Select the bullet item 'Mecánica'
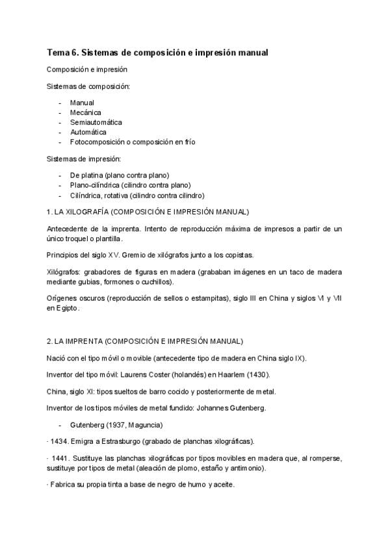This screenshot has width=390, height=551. point(85,112)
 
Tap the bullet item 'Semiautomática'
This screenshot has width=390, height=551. point(96,122)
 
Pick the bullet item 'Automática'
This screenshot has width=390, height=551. point(88,132)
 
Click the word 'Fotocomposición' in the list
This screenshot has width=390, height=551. point(97,142)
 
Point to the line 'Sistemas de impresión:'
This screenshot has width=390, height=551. point(84,159)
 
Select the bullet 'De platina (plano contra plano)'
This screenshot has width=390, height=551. point(120,175)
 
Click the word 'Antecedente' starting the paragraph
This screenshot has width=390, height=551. point(68,229)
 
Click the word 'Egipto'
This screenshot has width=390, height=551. point(67,309)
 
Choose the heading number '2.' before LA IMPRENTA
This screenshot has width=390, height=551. point(50,340)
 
